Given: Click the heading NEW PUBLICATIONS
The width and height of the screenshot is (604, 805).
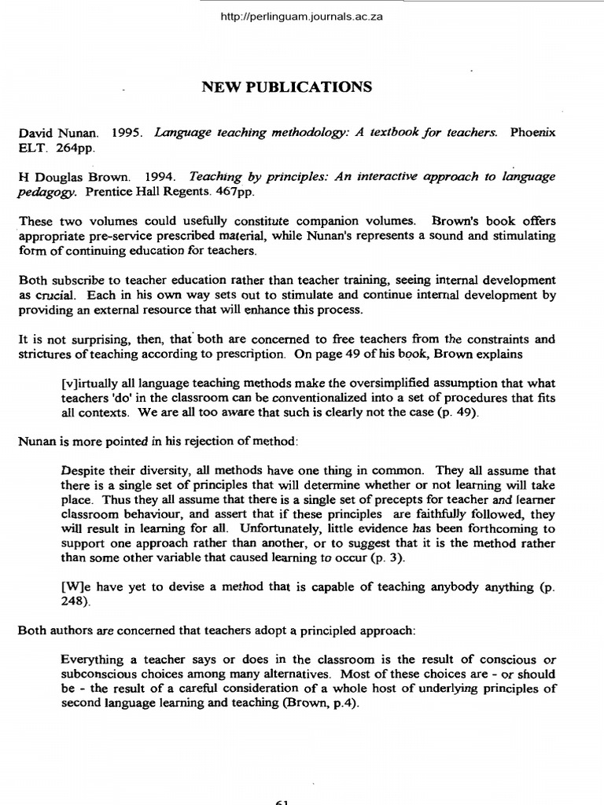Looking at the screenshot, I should coord(287,87).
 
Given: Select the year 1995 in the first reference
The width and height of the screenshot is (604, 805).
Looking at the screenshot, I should coord(126,133).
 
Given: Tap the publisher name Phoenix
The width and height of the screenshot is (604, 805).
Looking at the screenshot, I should coord(532,133).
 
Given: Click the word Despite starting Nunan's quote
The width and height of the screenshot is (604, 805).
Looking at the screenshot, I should coord(81,471).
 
